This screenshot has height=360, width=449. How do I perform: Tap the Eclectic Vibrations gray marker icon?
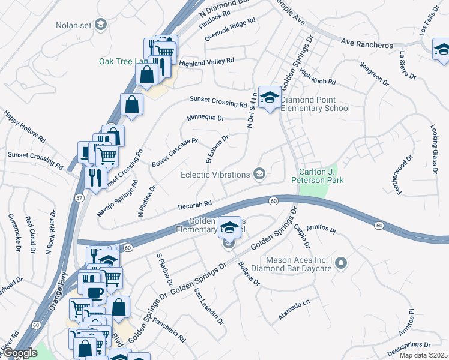pyautogui.click(x=259, y=174)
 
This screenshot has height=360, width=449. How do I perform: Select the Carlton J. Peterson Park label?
pyautogui.click(x=317, y=175)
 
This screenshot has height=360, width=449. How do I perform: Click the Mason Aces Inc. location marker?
pyautogui.click(x=342, y=263)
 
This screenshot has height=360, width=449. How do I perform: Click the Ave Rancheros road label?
pyautogui.click(x=367, y=45)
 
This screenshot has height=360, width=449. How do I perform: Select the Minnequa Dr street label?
pyautogui.click(x=205, y=118)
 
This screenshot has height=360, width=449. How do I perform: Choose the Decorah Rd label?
pyautogui.click(x=195, y=205)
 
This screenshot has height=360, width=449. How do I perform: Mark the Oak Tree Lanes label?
pyautogui.click(x=123, y=61)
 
